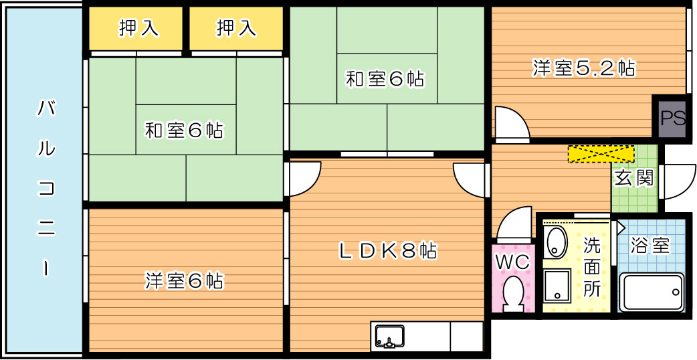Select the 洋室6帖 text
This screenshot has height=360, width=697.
pos(184,280)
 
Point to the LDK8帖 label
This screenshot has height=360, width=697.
pos(387,251)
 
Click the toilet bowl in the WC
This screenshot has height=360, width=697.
pos(513,293)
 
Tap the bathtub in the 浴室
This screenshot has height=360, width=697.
pos(652,292)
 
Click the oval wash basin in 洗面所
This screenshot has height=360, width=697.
pos(555,242)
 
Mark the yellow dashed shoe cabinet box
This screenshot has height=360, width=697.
pos(601,154)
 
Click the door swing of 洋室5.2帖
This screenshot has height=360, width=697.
pos(510,124)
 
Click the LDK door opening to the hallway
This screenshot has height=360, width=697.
pos(470,179)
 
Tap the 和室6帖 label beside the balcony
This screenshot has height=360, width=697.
pos(184,130)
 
